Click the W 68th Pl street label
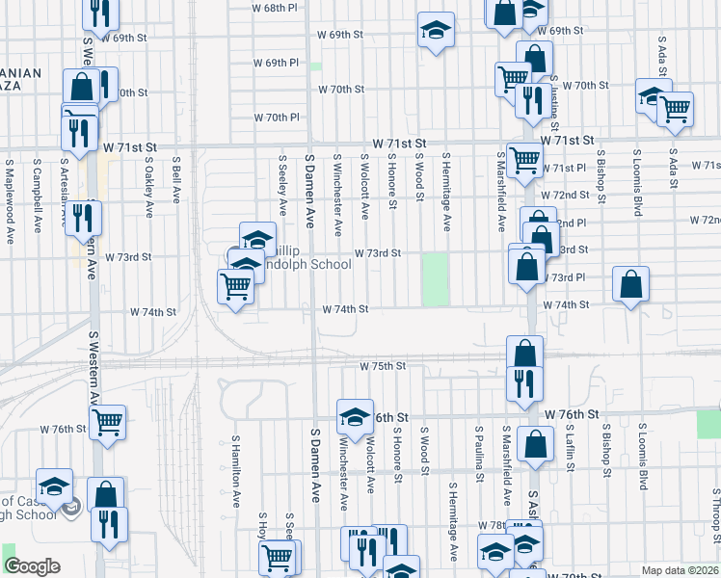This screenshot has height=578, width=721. pyautogui.click(x=275, y=8)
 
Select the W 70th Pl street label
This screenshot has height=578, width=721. pyautogui.click(x=278, y=118)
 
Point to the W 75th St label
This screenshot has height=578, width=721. pyautogui.click(x=384, y=366)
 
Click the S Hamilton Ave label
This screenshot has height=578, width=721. pyautogui.click(x=235, y=471)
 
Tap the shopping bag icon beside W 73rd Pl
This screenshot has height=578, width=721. pyautogui.click(x=630, y=285)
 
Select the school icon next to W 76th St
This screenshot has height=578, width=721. pyautogui.click(x=355, y=417)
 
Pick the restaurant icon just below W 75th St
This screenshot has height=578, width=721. pyautogui.click(x=524, y=383)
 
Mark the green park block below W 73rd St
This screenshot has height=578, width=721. pyautogui.click(x=436, y=279)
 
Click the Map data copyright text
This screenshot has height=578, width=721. pyautogui.click(x=681, y=570)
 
